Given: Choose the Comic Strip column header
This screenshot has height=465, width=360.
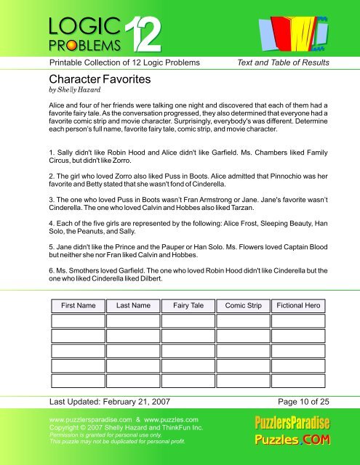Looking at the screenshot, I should coord(240,306).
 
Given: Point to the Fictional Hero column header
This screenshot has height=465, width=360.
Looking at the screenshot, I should coord(295,306).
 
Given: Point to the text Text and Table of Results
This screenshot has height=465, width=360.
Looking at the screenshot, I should coord(284,62).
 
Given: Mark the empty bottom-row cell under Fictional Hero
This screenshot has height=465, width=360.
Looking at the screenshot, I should coord(295,382).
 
